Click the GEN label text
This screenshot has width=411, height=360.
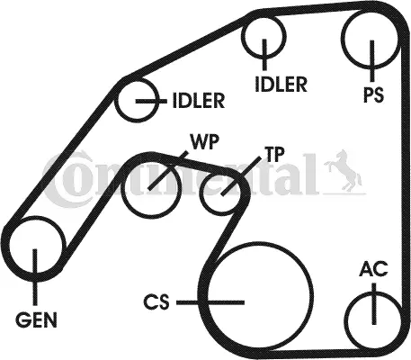click(x=36, y=319)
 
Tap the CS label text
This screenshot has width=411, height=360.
click(x=156, y=302)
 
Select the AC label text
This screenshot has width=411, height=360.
click(x=373, y=268)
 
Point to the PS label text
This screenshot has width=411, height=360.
click(x=373, y=94)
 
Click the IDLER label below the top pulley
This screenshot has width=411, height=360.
click(x=281, y=84)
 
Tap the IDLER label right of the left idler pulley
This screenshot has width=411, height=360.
click(x=199, y=101)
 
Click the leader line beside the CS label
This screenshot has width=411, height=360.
click(x=210, y=302)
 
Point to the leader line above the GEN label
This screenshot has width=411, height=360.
click(x=35, y=276)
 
